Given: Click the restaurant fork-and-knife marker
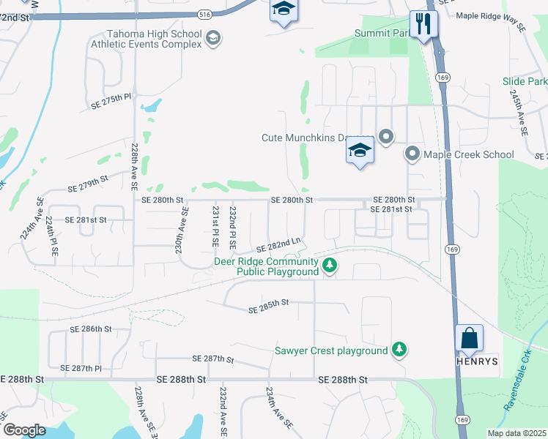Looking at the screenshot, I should tap(423, 24).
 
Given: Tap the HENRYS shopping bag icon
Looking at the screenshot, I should tap(469, 339).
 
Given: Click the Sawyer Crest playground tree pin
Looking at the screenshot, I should tap(399, 350).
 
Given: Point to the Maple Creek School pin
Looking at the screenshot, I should tap(412, 154).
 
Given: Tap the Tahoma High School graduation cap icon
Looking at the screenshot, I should tap(212, 39).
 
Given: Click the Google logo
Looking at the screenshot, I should tap(24, 430).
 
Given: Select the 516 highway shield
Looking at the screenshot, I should tap(205, 14).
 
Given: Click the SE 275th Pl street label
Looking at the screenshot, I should tap(111, 102).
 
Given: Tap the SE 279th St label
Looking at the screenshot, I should tap(87, 181).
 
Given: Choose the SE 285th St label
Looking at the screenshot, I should tap(270, 305).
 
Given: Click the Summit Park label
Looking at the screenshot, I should tap(382, 33).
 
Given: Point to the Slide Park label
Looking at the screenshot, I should tap(525, 81).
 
